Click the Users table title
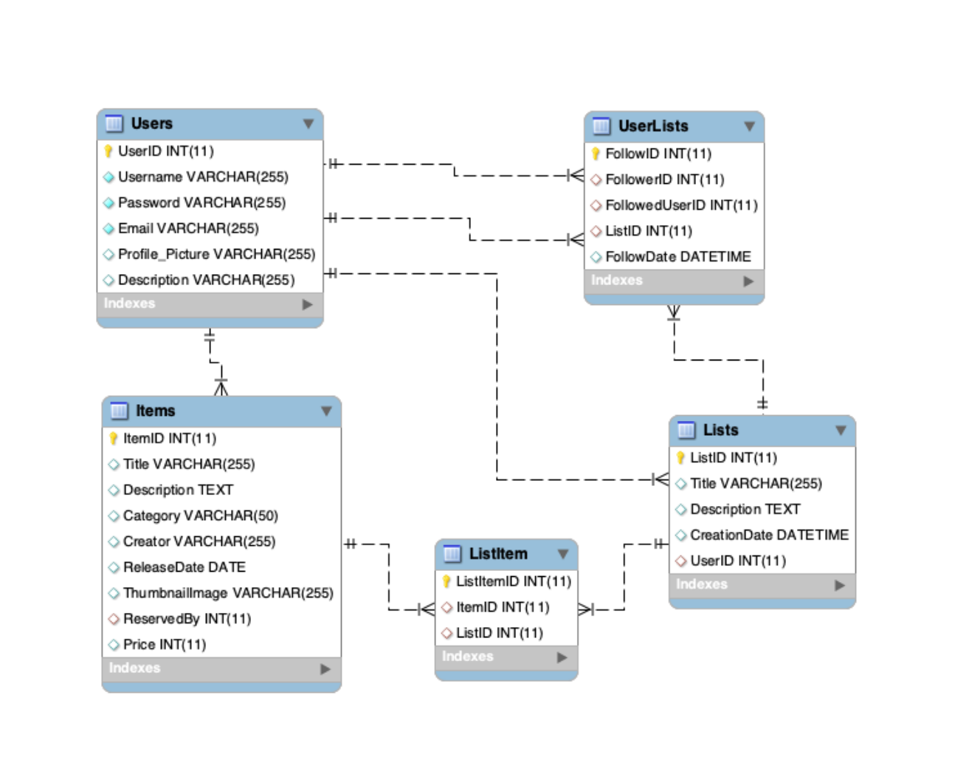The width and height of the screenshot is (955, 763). [x=151, y=123]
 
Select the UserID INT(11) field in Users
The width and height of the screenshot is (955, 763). [x=165, y=151]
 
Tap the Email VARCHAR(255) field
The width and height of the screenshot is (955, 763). [x=188, y=228]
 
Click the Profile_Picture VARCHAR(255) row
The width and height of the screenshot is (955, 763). [x=216, y=254]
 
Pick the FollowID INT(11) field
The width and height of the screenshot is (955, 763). [x=658, y=154]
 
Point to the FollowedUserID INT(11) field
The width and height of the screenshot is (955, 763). [x=680, y=205]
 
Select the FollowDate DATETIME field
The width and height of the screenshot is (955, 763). [x=678, y=257]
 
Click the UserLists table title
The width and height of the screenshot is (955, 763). [x=652, y=126]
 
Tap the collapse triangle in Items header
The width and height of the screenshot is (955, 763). [x=326, y=411]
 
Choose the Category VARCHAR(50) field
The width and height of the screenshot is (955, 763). [x=200, y=516]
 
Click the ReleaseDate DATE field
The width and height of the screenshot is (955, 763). [x=184, y=567]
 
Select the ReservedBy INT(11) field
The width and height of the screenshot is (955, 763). [x=187, y=619]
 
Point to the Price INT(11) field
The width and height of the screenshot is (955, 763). [x=164, y=645]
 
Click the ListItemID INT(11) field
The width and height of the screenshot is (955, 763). [x=513, y=581]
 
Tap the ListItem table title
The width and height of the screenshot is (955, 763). [x=498, y=554]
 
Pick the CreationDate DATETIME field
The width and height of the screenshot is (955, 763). [x=768, y=535]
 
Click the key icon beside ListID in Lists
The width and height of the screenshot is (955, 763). [x=680, y=458]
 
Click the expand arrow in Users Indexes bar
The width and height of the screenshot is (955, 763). [x=307, y=304]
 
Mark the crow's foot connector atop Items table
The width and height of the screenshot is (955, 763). [x=221, y=387]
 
